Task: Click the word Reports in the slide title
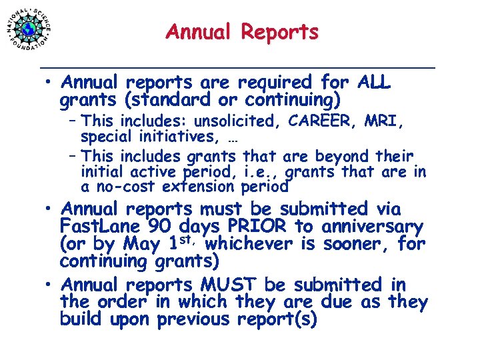click(x=279, y=32)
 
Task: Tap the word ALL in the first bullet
click(x=374, y=83)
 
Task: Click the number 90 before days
click(x=158, y=227)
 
